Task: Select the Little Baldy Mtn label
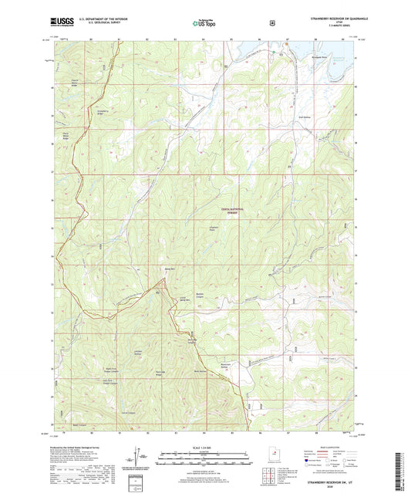(184, 298)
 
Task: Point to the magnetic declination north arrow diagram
(140, 460)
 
